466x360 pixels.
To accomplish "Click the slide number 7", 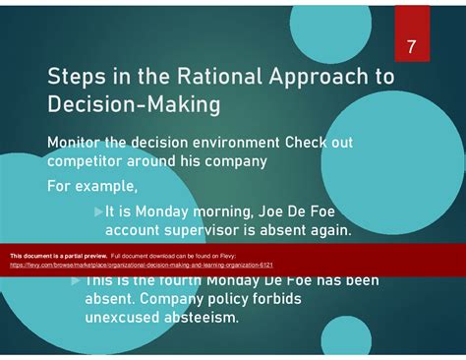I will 412,48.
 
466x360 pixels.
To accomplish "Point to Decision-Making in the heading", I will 134,104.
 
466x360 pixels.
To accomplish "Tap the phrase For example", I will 92,185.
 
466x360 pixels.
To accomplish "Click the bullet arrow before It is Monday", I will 98,210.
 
